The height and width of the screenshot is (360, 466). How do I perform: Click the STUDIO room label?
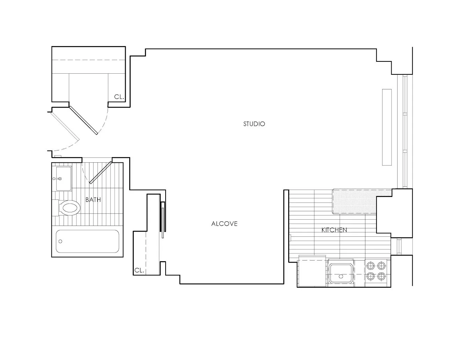coord(254,124)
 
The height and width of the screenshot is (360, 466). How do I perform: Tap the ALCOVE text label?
coord(224,224)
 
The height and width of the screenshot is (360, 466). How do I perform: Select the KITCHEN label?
coord(334,230)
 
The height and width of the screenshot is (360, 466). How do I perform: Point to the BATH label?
coord(93,200)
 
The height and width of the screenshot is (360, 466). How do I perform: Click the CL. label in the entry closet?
coord(119,97)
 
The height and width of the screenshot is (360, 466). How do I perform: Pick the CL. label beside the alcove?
coord(139,270)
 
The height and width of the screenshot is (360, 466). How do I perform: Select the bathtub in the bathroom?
coord(87,241)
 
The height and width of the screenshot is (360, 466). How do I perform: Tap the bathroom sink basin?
coord(63,178)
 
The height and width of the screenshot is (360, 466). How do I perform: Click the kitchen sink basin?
coord(341,273)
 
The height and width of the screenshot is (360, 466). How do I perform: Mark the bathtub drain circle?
coord(61,241)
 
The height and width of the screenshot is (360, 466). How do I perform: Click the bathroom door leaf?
coord(101,172)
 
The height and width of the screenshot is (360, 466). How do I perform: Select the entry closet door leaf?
coord(83,120)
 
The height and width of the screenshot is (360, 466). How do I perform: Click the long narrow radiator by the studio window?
coord(387,127)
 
